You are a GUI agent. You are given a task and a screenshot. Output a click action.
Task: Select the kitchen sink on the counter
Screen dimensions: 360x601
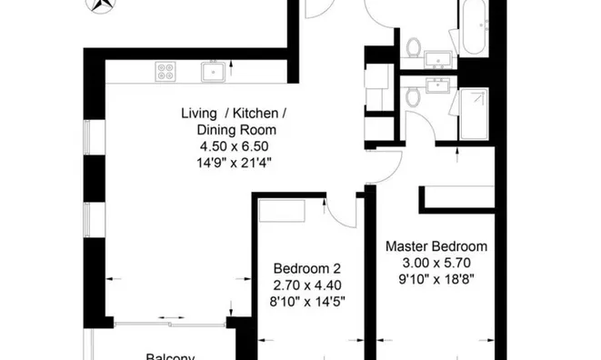[213, 69]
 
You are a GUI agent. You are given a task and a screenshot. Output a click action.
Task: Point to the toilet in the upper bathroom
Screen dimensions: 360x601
[415, 47]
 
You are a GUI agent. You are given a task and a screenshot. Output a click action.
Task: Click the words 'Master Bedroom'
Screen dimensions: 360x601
[436, 246]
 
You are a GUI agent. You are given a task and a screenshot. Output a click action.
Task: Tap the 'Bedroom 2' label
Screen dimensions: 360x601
[307, 268]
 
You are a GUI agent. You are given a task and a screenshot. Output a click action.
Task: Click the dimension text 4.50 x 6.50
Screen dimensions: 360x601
[235, 145]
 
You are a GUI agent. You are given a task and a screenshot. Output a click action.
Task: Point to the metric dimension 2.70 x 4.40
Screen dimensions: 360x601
[307, 285]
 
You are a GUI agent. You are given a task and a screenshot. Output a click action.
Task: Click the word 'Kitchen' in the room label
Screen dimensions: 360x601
[258, 113]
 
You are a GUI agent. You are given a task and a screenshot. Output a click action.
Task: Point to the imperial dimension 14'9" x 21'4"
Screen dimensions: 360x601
[235, 162]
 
